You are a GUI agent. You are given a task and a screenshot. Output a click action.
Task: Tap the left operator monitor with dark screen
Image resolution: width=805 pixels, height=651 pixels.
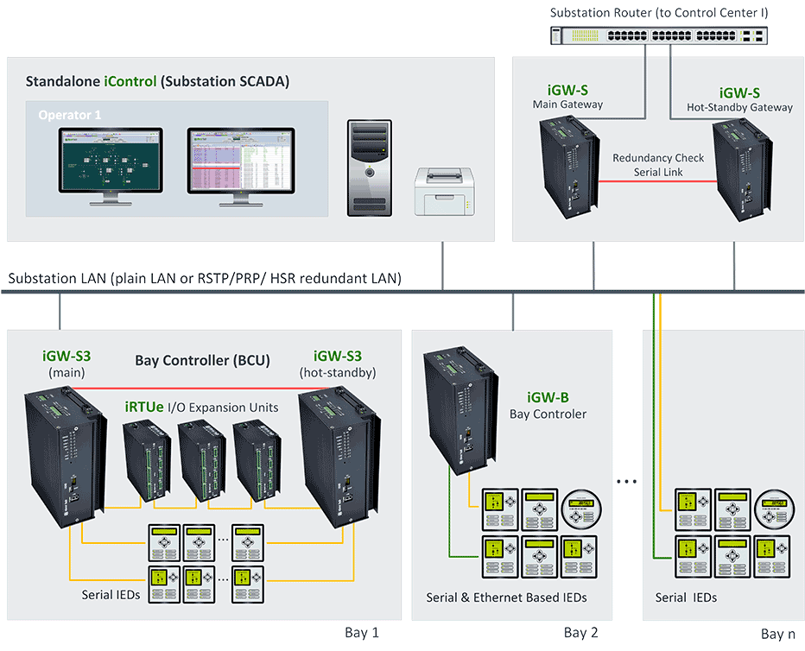coord(111,164)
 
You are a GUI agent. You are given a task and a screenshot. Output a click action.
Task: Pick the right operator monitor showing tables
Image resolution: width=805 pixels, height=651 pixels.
coord(241,164)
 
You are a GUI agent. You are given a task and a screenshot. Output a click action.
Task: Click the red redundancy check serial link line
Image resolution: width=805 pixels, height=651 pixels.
coord(658,181)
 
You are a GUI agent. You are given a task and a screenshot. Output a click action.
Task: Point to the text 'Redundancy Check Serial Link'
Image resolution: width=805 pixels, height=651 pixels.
coord(658,165)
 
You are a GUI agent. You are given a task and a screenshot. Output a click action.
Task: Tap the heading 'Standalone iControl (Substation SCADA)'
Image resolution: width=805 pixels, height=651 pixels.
coord(157,82)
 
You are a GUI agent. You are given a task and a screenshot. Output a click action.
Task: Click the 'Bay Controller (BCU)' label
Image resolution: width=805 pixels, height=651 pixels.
coord(202,360)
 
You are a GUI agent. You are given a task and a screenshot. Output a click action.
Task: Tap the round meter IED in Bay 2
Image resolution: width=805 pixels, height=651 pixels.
coord(579,507)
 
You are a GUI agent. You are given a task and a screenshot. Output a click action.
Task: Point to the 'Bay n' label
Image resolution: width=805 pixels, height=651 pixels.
coord(777,634)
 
